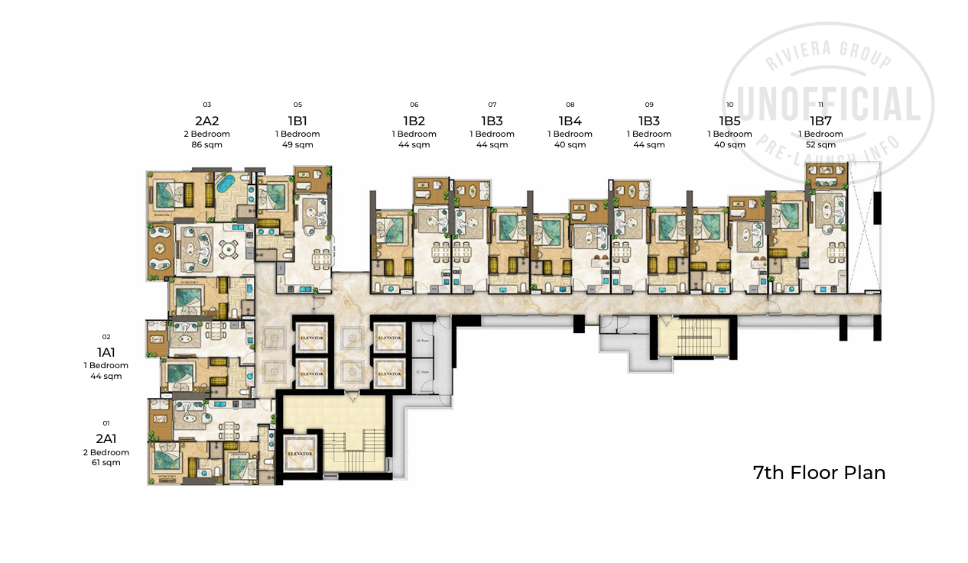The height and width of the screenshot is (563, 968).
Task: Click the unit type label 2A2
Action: [x=206, y=121]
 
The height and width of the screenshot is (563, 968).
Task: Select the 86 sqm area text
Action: [x=206, y=144]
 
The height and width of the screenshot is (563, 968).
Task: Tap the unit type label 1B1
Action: [x=297, y=121]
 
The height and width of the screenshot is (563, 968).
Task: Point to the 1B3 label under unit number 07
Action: [x=492, y=121]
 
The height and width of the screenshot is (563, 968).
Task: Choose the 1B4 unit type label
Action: [x=570, y=121]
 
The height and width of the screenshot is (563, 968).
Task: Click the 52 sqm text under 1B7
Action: [x=820, y=144]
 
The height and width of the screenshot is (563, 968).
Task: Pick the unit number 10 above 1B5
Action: [x=729, y=105]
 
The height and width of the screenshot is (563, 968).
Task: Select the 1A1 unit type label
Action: [x=106, y=352]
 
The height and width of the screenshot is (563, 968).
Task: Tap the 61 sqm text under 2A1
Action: [x=106, y=462]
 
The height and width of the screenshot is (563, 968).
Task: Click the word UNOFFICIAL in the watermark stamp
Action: [x=829, y=105]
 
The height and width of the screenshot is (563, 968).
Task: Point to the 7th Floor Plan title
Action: [x=819, y=472]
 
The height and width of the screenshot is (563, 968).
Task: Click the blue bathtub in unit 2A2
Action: [x=225, y=185]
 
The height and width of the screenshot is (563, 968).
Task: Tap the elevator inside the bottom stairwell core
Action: [x=300, y=453]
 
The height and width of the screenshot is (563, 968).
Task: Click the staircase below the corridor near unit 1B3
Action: [x=694, y=338]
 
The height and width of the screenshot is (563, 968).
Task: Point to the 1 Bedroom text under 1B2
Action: [x=414, y=134]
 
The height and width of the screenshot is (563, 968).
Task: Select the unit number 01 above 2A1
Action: [x=106, y=422]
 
